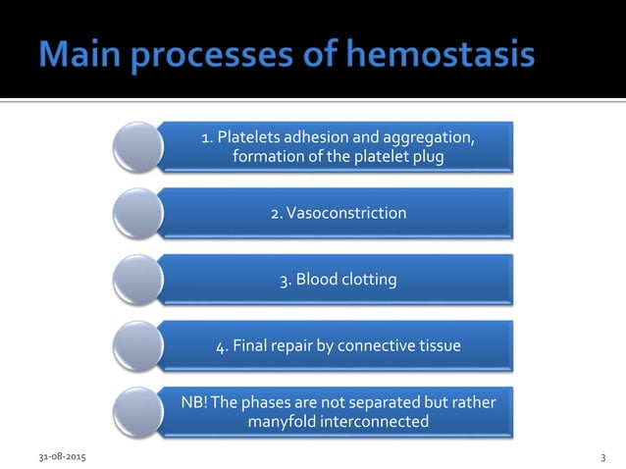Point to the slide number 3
(x=602, y=458)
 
